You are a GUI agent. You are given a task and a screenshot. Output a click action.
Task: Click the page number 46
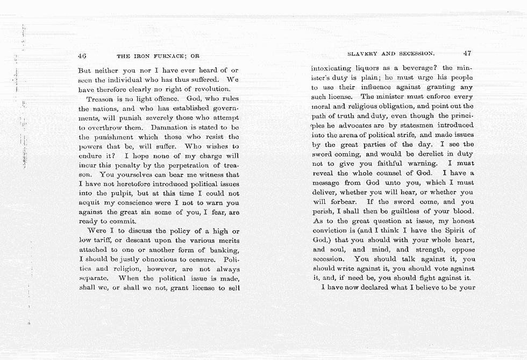[82, 55]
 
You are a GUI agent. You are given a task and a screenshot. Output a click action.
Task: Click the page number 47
[467, 53]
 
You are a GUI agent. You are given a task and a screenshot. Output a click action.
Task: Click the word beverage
[413, 68]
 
